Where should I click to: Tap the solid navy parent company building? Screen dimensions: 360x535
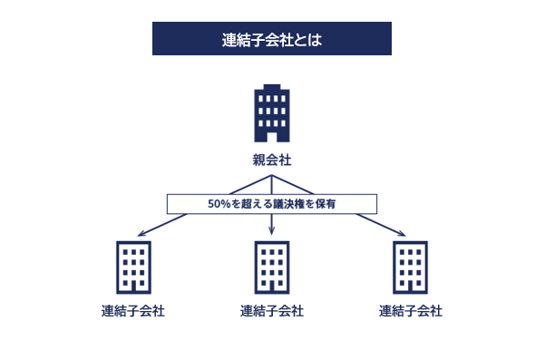(x=272, y=113)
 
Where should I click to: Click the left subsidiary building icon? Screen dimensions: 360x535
(x=133, y=267)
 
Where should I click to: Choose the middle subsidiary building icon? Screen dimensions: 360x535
(x=272, y=267)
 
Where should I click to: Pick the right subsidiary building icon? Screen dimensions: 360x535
(x=411, y=267)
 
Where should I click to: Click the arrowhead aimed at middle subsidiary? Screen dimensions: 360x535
(x=272, y=235)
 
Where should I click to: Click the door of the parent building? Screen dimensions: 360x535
(x=272, y=135)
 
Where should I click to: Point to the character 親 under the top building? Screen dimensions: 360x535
(x=259, y=161)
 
